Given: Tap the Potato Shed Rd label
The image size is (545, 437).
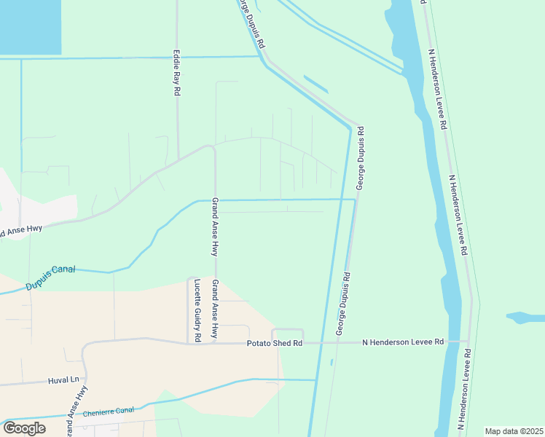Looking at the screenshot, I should (x=274, y=342).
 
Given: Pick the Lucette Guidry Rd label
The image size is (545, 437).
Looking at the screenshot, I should (x=196, y=310).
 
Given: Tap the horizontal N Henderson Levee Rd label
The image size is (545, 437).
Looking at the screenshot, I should (x=403, y=342).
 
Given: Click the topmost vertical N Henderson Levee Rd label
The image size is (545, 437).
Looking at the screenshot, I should (x=437, y=90).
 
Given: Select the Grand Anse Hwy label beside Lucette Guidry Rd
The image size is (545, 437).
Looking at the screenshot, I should (x=215, y=310).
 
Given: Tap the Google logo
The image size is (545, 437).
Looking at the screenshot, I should (x=24, y=428).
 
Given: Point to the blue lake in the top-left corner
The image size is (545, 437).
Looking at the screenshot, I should (x=29, y=25).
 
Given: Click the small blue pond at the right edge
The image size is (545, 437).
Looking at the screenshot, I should (x=525, y=318).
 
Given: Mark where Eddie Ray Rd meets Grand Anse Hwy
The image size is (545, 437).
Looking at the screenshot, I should (x=179, y=160).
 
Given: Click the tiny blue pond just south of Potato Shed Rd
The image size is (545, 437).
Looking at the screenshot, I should (x=332, y=361).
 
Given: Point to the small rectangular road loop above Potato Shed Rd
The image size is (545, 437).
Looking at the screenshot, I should (x=287, y=335).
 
